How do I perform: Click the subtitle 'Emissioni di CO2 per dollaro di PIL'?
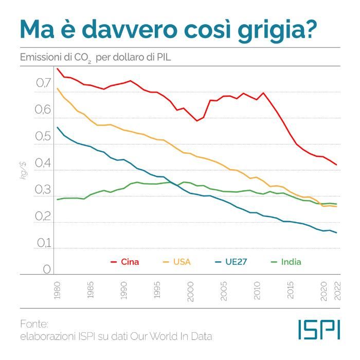95,57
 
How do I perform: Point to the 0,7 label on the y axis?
43,83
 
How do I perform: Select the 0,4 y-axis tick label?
43,164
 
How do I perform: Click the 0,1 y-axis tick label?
43,242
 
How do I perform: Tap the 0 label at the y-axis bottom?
47,269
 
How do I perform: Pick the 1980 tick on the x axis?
57,292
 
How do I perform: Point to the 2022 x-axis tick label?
337,292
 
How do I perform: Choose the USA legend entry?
177,262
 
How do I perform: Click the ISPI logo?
319,330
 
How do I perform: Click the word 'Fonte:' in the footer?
34,324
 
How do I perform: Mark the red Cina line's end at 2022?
337,165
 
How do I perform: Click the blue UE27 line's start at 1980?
57,128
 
